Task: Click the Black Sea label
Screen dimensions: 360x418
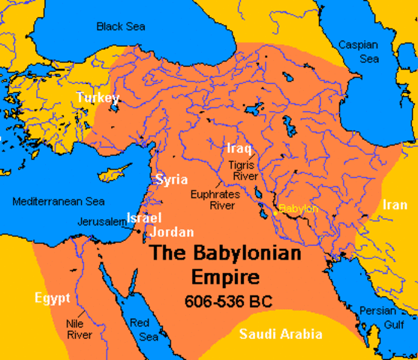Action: (120, 26)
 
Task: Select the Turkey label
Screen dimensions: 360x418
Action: (98, 98)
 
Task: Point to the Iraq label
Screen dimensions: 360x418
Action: (239, 148)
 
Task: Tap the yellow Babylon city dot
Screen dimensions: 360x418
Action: (275, 212)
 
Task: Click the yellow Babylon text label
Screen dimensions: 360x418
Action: (299, 208)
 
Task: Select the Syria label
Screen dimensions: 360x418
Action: (171, 179)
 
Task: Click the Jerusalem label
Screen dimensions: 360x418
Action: (101, 222)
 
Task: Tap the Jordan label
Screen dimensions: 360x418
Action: (172, 232)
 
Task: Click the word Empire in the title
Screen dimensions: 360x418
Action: (226, 277)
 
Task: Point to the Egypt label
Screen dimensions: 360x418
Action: (52, 298)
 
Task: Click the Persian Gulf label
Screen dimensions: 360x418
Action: (377, 316)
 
